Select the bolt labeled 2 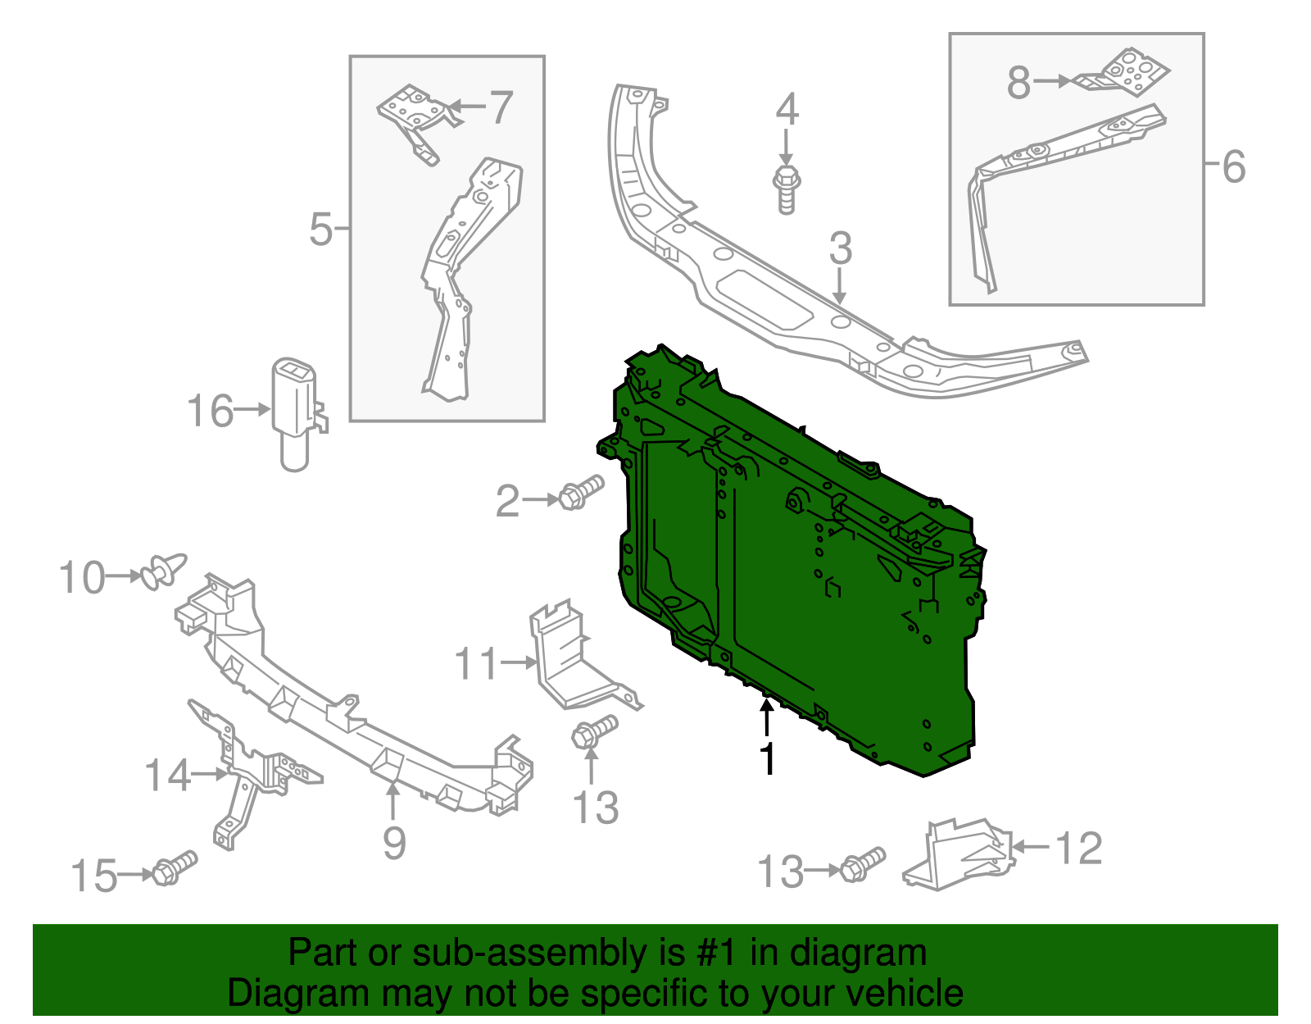tap(581, 492)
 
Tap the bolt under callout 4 tap(786, 189)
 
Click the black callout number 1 tap(767, 759)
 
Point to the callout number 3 tap(841, 248)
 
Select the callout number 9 tap(394, 842)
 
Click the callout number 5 tap(320, 229)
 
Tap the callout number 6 tap(1233, 166)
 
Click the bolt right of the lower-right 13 tap(863, 864)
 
